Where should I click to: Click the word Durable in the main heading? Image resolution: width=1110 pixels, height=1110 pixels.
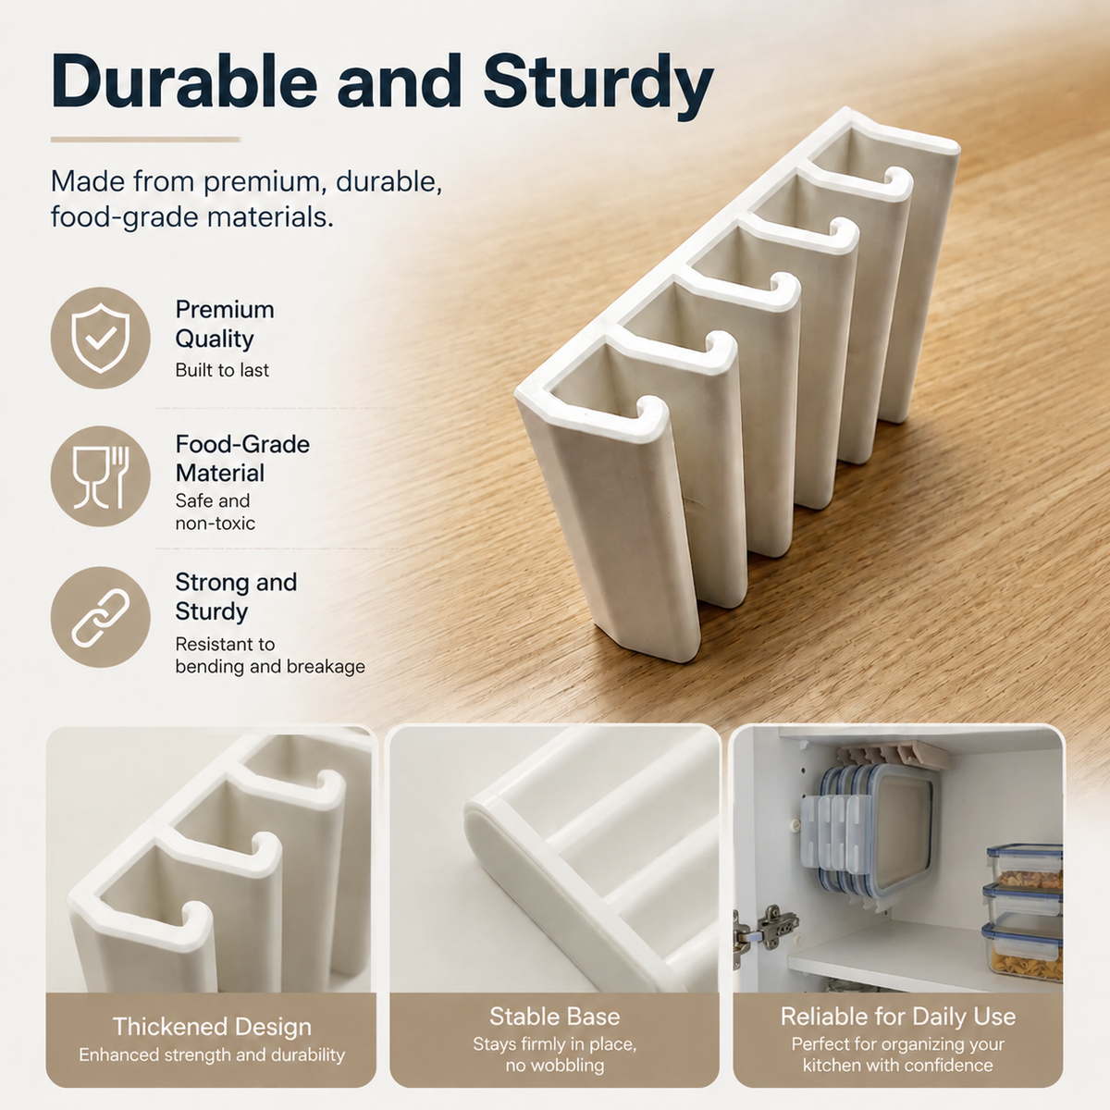184,80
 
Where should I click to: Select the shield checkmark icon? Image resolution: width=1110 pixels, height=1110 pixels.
100,339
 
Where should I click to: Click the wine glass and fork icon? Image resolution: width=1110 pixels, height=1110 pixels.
100,476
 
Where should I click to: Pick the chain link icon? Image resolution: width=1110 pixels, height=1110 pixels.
100,617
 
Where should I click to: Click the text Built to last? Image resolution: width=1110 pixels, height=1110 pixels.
222,370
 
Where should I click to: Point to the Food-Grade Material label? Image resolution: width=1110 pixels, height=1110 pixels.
242,459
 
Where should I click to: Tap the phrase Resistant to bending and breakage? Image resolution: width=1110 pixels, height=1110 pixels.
269,655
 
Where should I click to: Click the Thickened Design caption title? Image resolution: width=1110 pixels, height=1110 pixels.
212,1027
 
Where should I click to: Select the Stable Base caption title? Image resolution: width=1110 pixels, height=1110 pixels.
555,1017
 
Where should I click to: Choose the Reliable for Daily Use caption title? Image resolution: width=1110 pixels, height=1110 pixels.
898,1017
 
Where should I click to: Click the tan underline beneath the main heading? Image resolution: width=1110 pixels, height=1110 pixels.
145,140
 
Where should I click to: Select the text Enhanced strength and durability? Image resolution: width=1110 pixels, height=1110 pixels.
212,1054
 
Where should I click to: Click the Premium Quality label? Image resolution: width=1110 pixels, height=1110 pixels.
225,324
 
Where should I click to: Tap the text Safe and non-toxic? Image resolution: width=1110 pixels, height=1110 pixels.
215,512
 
